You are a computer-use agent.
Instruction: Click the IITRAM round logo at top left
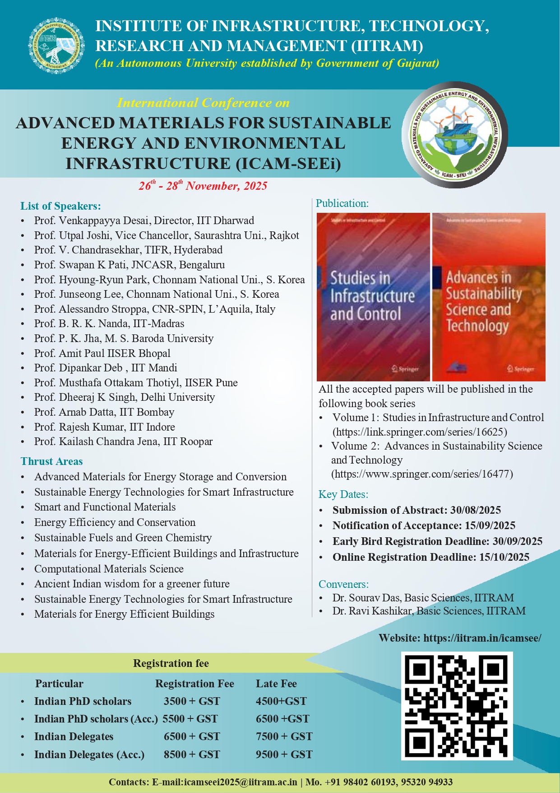coord(56,46)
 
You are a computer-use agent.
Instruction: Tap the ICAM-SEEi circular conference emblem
coord(455,135)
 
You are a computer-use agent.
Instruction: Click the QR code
coord(457,706)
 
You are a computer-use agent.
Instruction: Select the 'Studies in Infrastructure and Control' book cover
coord(373,297)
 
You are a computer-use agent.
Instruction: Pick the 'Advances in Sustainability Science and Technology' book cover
coord(489,297)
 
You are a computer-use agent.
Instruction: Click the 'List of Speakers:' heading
coord(60,206)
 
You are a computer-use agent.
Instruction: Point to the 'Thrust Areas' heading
coord(51,461)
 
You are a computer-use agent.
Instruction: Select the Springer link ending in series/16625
coord(420,432)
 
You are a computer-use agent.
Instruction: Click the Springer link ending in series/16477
coord(422,474)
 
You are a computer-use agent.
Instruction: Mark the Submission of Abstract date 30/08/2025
coord(476,510)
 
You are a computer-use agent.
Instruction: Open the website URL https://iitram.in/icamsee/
coord(482,638)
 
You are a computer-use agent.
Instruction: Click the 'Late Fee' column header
coord(276,684)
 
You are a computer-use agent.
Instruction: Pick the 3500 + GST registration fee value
coord(192,701)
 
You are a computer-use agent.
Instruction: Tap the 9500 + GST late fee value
coord(284,754)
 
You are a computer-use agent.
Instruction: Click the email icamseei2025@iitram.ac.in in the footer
coord(240,782)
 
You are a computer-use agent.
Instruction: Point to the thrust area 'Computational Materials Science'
coord(109,568)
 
